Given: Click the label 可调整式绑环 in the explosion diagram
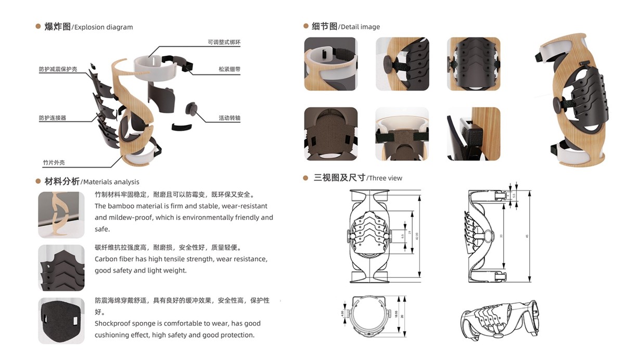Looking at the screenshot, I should coord(224,42).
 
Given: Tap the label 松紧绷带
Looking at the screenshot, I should coord(229,69).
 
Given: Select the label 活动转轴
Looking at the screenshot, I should coord(229,118).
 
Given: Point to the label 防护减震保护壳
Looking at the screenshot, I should coord(58,69).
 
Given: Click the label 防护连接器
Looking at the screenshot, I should coord(53,118).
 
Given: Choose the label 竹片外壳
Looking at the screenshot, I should coord(54,163).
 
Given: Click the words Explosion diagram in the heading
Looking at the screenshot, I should coord(103,27).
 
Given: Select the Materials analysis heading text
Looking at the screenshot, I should coord(111,182).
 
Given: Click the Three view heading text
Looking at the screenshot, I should coord(385,178).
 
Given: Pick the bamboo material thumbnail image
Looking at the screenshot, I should coord(61,215).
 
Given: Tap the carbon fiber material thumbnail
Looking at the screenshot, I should coord(61,268).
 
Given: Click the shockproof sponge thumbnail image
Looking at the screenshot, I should coord(61,320).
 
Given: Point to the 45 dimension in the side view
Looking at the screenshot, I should coord(527,236).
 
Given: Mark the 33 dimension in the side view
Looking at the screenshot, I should coord(502,236).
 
